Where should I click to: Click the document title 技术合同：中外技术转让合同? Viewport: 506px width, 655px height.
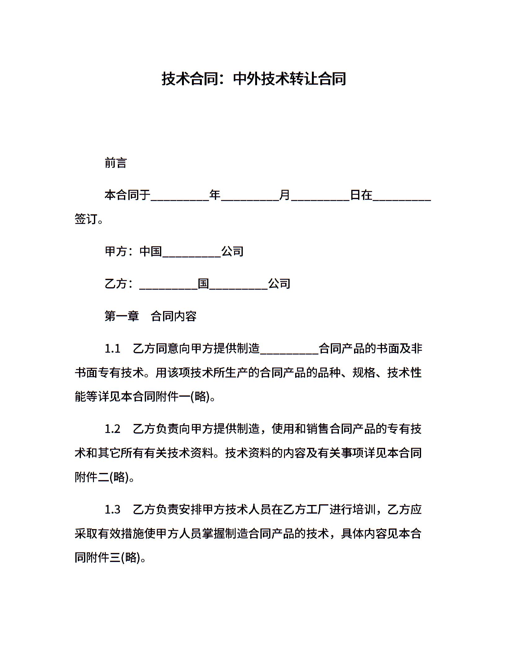(x=253, y=79)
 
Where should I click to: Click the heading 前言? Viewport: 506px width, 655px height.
(x=116, y=163)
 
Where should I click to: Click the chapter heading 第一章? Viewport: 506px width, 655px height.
(x=122, y=316)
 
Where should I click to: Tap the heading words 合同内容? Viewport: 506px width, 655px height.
(x=174, y=316)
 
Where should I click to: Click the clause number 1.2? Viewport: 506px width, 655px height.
(x=112, y=429)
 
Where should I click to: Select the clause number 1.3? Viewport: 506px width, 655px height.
(x=112, y=510)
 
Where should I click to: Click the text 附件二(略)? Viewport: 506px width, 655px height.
(x=102, y=477)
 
